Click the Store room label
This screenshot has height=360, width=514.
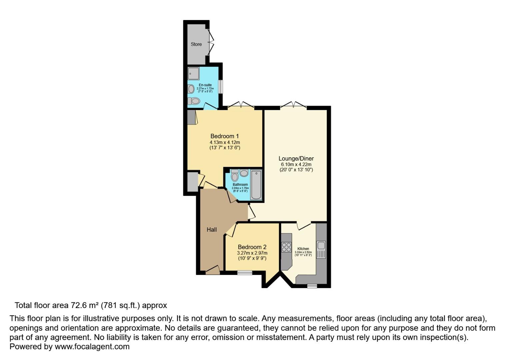coord(196,44)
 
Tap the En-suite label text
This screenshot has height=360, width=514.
coord(205,85)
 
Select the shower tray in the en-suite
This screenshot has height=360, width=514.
coord(193,73)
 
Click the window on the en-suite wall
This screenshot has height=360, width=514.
coord(220,87)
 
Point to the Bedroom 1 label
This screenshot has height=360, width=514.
coord(224,136)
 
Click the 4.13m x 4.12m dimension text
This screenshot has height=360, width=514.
coord(225,142)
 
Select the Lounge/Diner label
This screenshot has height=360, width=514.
coord(296,159)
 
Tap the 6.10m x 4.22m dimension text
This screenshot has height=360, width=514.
coord(296,164)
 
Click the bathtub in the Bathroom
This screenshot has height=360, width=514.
coord(256,185)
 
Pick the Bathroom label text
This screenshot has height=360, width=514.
coord(240,185)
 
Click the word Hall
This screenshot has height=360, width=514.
coord(212,229)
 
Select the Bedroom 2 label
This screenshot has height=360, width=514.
coord(252,247)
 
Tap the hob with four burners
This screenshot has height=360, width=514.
coord(286,247)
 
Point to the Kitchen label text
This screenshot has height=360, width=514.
coord(303,249)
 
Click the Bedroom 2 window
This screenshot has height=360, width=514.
coord(245,273)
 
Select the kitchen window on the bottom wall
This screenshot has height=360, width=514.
coord(312,286)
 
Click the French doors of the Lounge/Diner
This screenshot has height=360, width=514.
coord(293,106)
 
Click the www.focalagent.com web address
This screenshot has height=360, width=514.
coord(92,347)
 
